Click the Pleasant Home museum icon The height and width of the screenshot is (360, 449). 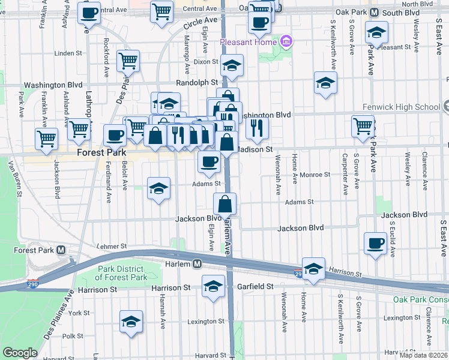(x=286, y=42)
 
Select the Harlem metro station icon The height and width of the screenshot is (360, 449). (x=196, y=264)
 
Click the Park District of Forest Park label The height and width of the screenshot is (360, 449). (x=121, y=273)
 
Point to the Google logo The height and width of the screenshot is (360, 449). (x=20, y=353)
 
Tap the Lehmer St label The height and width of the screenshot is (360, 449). (x=112, y=246)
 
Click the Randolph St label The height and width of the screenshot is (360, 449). (x=197, y=82)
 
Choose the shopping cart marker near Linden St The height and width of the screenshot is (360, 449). (x=128, y=59)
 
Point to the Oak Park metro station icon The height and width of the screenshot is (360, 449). (x=375, y=12)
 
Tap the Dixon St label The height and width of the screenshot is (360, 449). (x=205, y=61)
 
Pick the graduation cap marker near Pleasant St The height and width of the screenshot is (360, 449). (x=376, y=31)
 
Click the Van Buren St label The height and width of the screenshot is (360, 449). (x=15, y=178)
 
